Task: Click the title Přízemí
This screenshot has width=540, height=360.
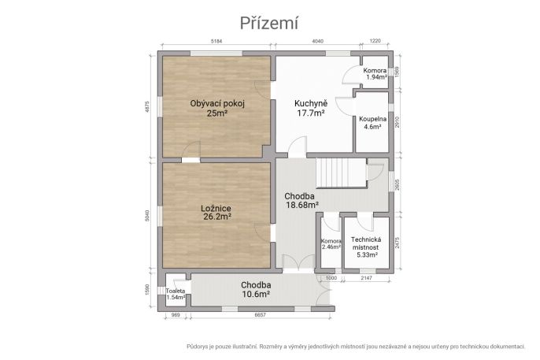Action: coord(268,24)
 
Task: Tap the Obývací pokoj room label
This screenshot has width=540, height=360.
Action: coord(217,103)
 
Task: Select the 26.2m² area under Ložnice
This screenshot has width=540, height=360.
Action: coord(217,217)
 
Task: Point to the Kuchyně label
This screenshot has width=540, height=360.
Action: coord(311,104)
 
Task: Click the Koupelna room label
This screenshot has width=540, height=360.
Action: coord(372,119)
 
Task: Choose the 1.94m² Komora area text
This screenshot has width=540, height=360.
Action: coord(377,77)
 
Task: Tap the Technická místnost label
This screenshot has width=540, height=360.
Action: coord(366,243)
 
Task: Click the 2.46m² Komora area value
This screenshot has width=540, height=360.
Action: coord(331,247)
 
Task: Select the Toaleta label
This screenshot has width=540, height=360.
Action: coord(176,291)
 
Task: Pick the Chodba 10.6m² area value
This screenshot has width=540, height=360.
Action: coord(256,294)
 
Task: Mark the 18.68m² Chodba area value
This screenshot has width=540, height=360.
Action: coord(302,205)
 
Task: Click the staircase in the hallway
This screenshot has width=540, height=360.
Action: coord(342,173)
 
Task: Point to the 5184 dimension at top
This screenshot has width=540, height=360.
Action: coord(216,41)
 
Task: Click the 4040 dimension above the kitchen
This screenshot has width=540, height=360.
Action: coord(317,41)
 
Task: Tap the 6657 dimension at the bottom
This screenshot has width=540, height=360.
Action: coord(260,315)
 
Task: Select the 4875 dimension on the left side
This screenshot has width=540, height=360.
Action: coord(147,107)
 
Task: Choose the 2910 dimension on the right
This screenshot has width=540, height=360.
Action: coord(397,122)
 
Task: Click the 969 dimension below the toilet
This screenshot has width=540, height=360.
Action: coord(176,315)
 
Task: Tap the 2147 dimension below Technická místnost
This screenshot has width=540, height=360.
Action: coord(366,277)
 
